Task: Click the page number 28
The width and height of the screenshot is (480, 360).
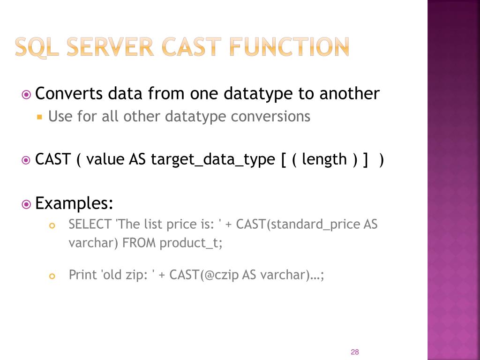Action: pos(354,352)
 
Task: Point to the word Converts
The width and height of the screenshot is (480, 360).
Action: pos(69,94)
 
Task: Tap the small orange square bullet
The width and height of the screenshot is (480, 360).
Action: pos(40,116)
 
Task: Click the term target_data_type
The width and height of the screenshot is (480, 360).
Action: pos(213,159)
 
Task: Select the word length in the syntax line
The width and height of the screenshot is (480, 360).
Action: pos(324,159)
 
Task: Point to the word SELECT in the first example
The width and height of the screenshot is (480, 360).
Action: pos(90,225)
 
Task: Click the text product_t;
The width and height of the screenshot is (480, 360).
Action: pos(191,243)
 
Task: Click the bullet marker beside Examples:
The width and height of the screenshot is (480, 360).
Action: pos(27,204)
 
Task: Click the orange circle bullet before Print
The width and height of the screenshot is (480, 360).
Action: pos(52,276)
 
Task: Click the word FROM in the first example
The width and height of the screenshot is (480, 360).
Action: pos(139,243)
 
